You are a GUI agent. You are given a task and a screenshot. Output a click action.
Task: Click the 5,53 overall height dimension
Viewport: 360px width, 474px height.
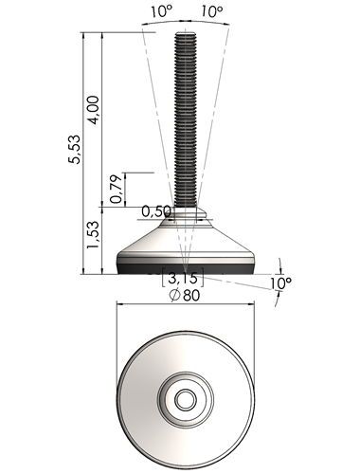tap(75, 149)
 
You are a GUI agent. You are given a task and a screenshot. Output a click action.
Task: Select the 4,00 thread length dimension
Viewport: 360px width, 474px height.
tap(94, 110)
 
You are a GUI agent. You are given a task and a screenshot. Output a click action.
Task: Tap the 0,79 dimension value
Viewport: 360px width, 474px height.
tap(116, 189)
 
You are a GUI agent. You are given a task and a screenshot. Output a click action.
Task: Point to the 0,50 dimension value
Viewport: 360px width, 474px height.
tap(156, 211)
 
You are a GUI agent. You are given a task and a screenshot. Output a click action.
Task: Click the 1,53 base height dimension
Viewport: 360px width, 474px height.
tap(93, 234)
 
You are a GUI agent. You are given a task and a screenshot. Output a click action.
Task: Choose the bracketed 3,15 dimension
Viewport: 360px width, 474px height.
tap(183, 278)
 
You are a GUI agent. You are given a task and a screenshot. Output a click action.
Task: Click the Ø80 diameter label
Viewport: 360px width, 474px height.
tap(185, 296)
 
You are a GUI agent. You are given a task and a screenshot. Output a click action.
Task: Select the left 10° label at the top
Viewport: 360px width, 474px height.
tap(162, 11)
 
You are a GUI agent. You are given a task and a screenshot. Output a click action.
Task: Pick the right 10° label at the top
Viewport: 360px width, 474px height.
tap(211, 11)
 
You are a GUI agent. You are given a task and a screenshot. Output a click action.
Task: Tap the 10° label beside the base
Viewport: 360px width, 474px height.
tap(281, 283)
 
